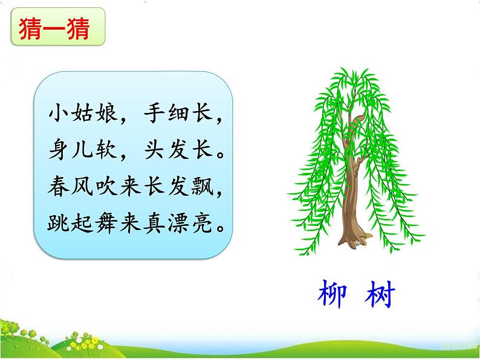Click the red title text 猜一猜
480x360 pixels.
57,28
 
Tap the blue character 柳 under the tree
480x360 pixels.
332,296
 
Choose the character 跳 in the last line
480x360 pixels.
59,224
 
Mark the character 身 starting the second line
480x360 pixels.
59,150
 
